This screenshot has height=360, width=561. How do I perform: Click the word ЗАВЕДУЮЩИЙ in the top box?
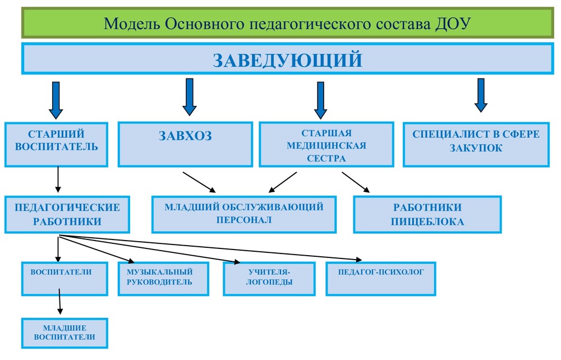coord(288,59)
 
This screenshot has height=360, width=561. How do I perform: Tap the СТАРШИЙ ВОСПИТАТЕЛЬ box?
coord(56,145)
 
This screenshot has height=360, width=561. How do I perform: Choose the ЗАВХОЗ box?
coord(185,145)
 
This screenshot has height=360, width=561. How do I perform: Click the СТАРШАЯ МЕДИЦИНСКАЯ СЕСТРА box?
coord(327,145)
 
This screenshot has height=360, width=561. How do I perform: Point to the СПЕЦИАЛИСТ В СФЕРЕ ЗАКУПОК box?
coord(476,145)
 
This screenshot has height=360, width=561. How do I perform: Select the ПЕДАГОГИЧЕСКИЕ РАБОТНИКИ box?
coord(67,215)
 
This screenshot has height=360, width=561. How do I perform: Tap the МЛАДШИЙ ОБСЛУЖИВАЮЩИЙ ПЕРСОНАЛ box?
coord(244,215)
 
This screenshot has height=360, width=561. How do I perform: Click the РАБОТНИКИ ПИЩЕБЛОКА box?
coord(427,215)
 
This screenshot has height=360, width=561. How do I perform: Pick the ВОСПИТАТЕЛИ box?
coord(65,279)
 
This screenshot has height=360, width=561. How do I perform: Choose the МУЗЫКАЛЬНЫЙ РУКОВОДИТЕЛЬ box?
coord(163,279)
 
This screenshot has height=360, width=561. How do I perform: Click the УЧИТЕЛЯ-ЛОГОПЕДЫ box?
coord(269,279)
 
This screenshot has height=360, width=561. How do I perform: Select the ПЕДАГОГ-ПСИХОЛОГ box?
coord(381,279)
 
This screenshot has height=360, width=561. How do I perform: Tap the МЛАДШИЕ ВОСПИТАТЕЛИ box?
coord(65,333)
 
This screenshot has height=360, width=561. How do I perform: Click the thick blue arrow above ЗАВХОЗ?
coord(190,97)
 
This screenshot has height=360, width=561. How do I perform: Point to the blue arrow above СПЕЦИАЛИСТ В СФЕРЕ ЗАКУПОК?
coord(481,95)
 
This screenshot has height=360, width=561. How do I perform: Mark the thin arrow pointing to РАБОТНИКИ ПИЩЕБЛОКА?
coord(356,182)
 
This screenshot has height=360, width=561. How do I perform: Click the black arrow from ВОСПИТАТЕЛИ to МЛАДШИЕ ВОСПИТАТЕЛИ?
coord(60,301)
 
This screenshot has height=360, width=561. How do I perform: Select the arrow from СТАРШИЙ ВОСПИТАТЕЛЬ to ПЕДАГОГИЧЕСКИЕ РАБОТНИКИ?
coord(58,179)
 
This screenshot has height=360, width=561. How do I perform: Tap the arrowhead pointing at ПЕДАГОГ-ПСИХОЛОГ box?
coord(358,260)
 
